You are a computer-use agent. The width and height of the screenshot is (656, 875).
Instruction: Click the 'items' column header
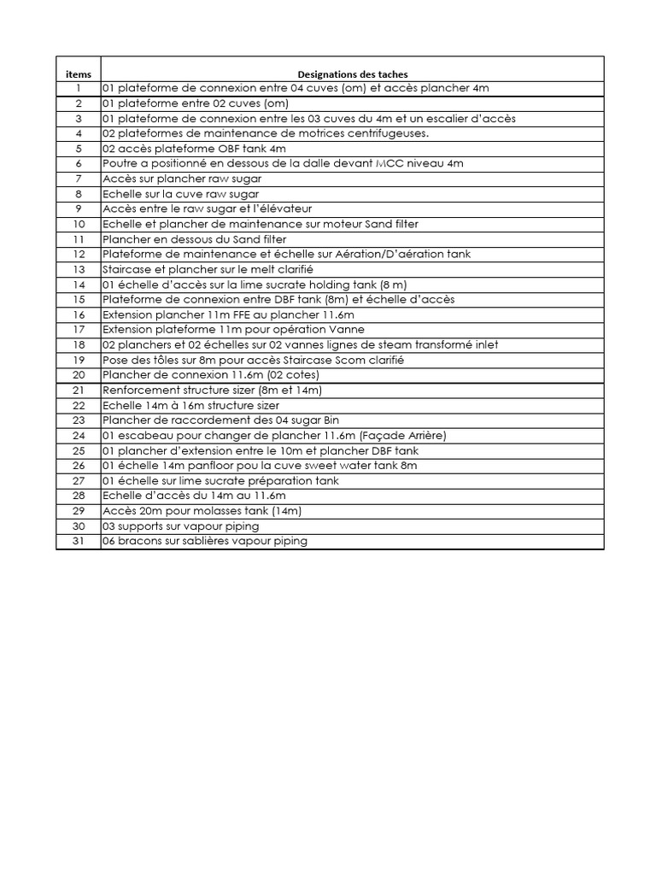coord(78,74)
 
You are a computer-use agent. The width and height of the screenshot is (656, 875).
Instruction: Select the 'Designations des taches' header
coord(352,74)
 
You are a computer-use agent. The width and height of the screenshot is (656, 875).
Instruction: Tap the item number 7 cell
coord(78,179)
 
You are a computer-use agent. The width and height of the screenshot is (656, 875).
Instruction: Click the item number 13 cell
coord(78,269)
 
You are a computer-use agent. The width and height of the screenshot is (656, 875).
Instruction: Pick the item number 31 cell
coord(78,541)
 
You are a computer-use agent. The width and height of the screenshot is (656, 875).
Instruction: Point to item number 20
coord(78,375)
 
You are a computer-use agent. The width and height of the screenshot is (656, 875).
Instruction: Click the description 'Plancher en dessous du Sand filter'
coord(194,239)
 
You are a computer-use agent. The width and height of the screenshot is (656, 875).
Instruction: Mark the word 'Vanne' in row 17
coord(348,329)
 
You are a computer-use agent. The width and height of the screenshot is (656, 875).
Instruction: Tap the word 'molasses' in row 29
coord(208,511)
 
